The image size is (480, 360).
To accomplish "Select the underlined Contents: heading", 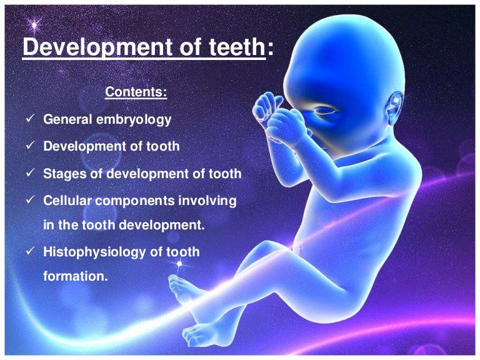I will [x=136, y=92].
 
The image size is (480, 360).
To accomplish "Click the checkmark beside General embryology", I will [x=29, y=119].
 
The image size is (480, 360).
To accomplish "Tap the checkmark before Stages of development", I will [x=29, y=174].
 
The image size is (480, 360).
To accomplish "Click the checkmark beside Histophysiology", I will [x=29, y=252].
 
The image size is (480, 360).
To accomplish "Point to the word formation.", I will [x=75, y=275].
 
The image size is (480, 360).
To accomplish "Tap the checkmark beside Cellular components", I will [x=29, y=201].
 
